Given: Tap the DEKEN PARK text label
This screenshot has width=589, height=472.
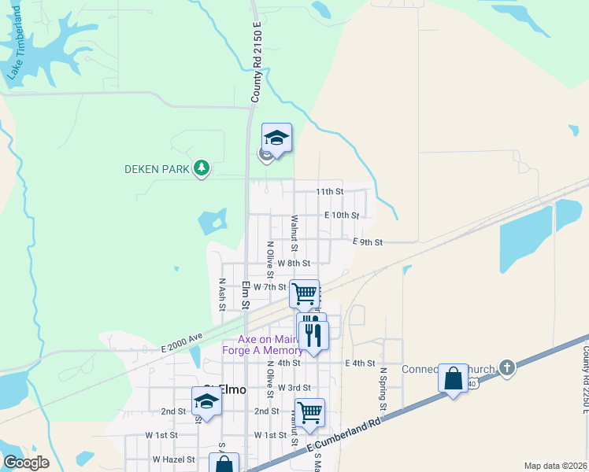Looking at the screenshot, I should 157,168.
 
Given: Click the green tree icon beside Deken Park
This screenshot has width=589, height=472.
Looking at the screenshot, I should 202,168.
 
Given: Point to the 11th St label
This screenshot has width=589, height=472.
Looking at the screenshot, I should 329,191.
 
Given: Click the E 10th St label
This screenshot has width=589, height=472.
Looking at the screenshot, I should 342,215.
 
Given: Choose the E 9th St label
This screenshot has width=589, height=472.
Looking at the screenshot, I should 367,242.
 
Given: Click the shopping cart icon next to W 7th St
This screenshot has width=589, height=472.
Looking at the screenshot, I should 305,294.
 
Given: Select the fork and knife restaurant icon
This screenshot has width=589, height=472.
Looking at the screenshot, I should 314,335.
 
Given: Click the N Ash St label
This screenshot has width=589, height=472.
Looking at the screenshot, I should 223,293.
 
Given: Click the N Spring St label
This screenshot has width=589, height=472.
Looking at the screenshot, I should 383,389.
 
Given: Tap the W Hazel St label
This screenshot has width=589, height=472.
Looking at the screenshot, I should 172,459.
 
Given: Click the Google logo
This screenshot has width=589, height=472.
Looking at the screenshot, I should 25,463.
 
